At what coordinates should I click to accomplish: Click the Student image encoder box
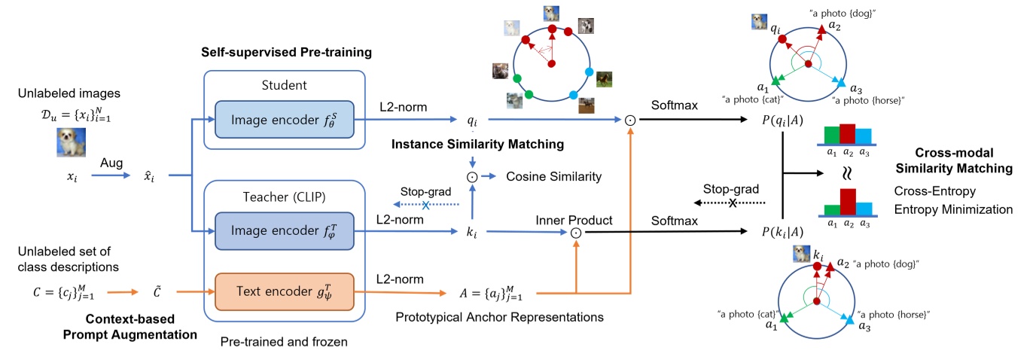pos(284,119)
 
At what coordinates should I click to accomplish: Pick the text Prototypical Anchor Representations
pos(499,318)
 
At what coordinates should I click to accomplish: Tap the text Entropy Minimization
pos(953,209)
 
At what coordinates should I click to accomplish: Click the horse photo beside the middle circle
pos(605,79)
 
